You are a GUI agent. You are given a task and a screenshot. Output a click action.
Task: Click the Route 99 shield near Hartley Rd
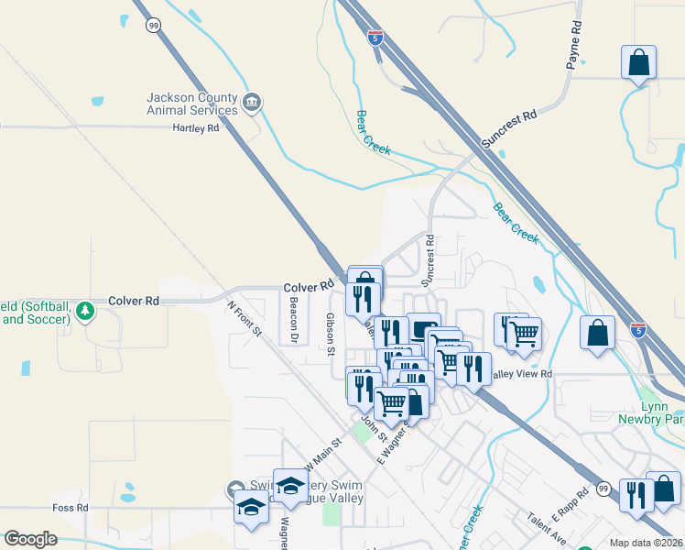coord(153,26)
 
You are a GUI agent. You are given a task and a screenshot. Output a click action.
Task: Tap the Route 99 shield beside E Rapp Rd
coord(603,489)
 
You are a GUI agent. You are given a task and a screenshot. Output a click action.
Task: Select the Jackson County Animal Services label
coord(192,104)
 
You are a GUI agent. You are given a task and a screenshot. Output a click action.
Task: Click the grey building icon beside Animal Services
coord(252,101)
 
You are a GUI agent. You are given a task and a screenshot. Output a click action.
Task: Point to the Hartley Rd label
coord(196,128)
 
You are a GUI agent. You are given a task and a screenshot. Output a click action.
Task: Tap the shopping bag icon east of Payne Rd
coord(639,64)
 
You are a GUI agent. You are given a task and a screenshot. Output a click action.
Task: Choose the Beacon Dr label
coord(294,318)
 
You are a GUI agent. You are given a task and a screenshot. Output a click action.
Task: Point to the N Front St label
coord(245,316)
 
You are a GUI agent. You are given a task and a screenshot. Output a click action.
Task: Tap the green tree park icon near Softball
coord(85,312)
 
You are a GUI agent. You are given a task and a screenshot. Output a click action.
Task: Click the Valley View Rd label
coord(522,374)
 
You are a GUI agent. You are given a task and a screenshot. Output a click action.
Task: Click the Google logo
coord(30,539)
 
